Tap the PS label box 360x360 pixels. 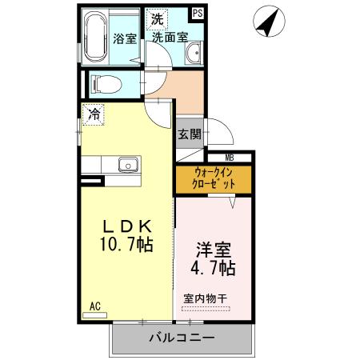pos(198,14)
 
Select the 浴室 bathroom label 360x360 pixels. pos(125,38)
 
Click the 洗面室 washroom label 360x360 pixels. pos(170,37)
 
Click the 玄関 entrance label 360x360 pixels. pos(189,134)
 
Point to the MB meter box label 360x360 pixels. pos(229,158)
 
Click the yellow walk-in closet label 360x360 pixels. pos(214,178)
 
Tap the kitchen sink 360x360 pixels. pos(129,165)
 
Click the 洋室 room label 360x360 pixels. pos(212,247)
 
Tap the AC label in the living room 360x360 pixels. pos(94,306)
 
